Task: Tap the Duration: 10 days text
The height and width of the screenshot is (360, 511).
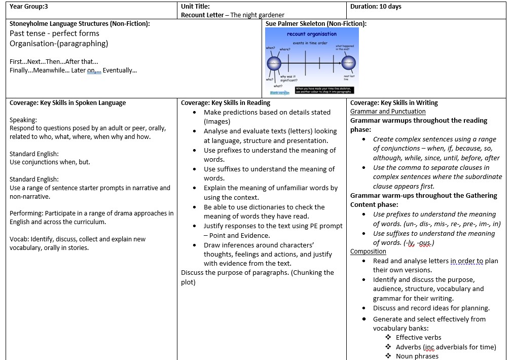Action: [376, 7]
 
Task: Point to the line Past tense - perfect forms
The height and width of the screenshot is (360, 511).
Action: [54, 33]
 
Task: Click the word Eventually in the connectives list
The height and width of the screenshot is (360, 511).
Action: [119, 70]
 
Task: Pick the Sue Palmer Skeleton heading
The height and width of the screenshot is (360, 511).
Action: [315, 23]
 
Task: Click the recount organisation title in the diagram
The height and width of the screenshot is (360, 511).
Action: [311, 34]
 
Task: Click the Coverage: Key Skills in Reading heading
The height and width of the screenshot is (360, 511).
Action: [226, 102]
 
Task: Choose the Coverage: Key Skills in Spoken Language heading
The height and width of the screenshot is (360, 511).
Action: [68, 102]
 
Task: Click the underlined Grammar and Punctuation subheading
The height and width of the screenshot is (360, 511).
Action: [388, 112]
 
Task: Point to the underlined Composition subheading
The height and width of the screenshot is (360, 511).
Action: [368, 251]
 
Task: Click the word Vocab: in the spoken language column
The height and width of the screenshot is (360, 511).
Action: [19, 239]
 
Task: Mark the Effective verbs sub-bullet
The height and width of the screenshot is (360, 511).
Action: [418, 338]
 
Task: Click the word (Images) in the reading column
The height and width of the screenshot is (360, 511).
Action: [216, 122]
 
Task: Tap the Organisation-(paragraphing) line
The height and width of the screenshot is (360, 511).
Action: [59, 44]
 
